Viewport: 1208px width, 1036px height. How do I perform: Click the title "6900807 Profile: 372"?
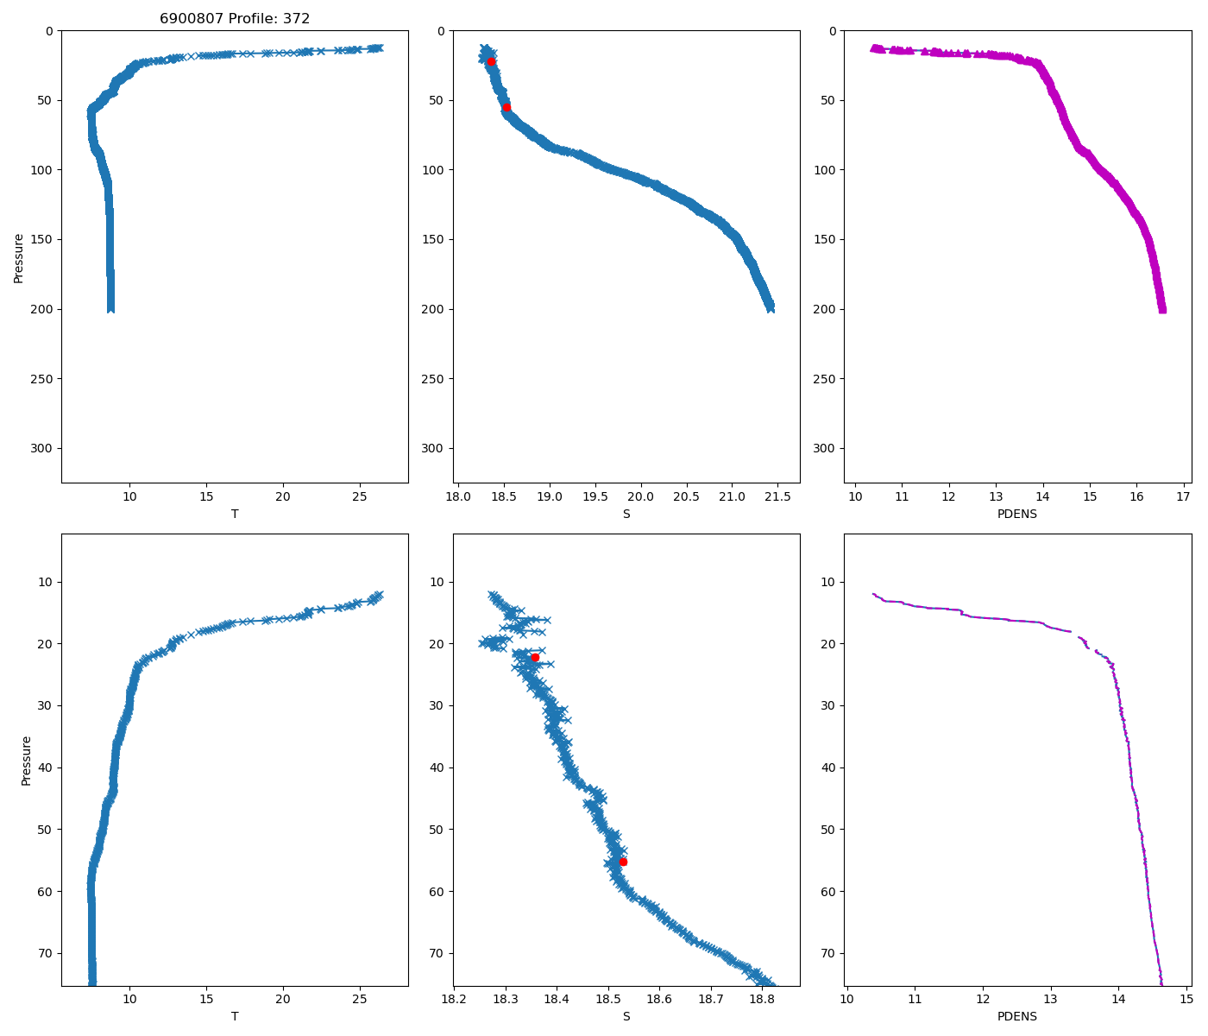coord(235,18)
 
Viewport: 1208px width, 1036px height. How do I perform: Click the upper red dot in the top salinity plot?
coord(491,61)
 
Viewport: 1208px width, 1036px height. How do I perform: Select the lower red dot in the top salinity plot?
coord(507,107)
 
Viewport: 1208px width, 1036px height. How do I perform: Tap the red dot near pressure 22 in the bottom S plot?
coord(535,658)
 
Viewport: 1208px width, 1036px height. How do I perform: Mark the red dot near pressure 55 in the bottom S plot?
coord(623,862)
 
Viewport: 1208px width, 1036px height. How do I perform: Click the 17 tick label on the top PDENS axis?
coord(1183,496)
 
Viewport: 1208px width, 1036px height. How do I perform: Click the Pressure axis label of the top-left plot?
coord(18,257)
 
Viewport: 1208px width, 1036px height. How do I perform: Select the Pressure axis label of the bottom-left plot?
coord(27,761)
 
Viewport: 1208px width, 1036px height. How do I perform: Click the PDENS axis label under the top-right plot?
coord(1017,514)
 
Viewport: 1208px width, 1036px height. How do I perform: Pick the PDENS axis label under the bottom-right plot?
coord(1017,1016)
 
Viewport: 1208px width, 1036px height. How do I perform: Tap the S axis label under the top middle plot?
coord(626,514)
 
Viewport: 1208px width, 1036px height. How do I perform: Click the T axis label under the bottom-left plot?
coord(235,1016)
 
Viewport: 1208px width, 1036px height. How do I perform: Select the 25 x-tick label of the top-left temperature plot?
coord(360,496)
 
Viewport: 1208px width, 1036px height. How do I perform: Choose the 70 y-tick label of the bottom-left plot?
coord(45,953)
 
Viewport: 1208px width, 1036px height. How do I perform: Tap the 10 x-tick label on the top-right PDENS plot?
coord(855,496)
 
